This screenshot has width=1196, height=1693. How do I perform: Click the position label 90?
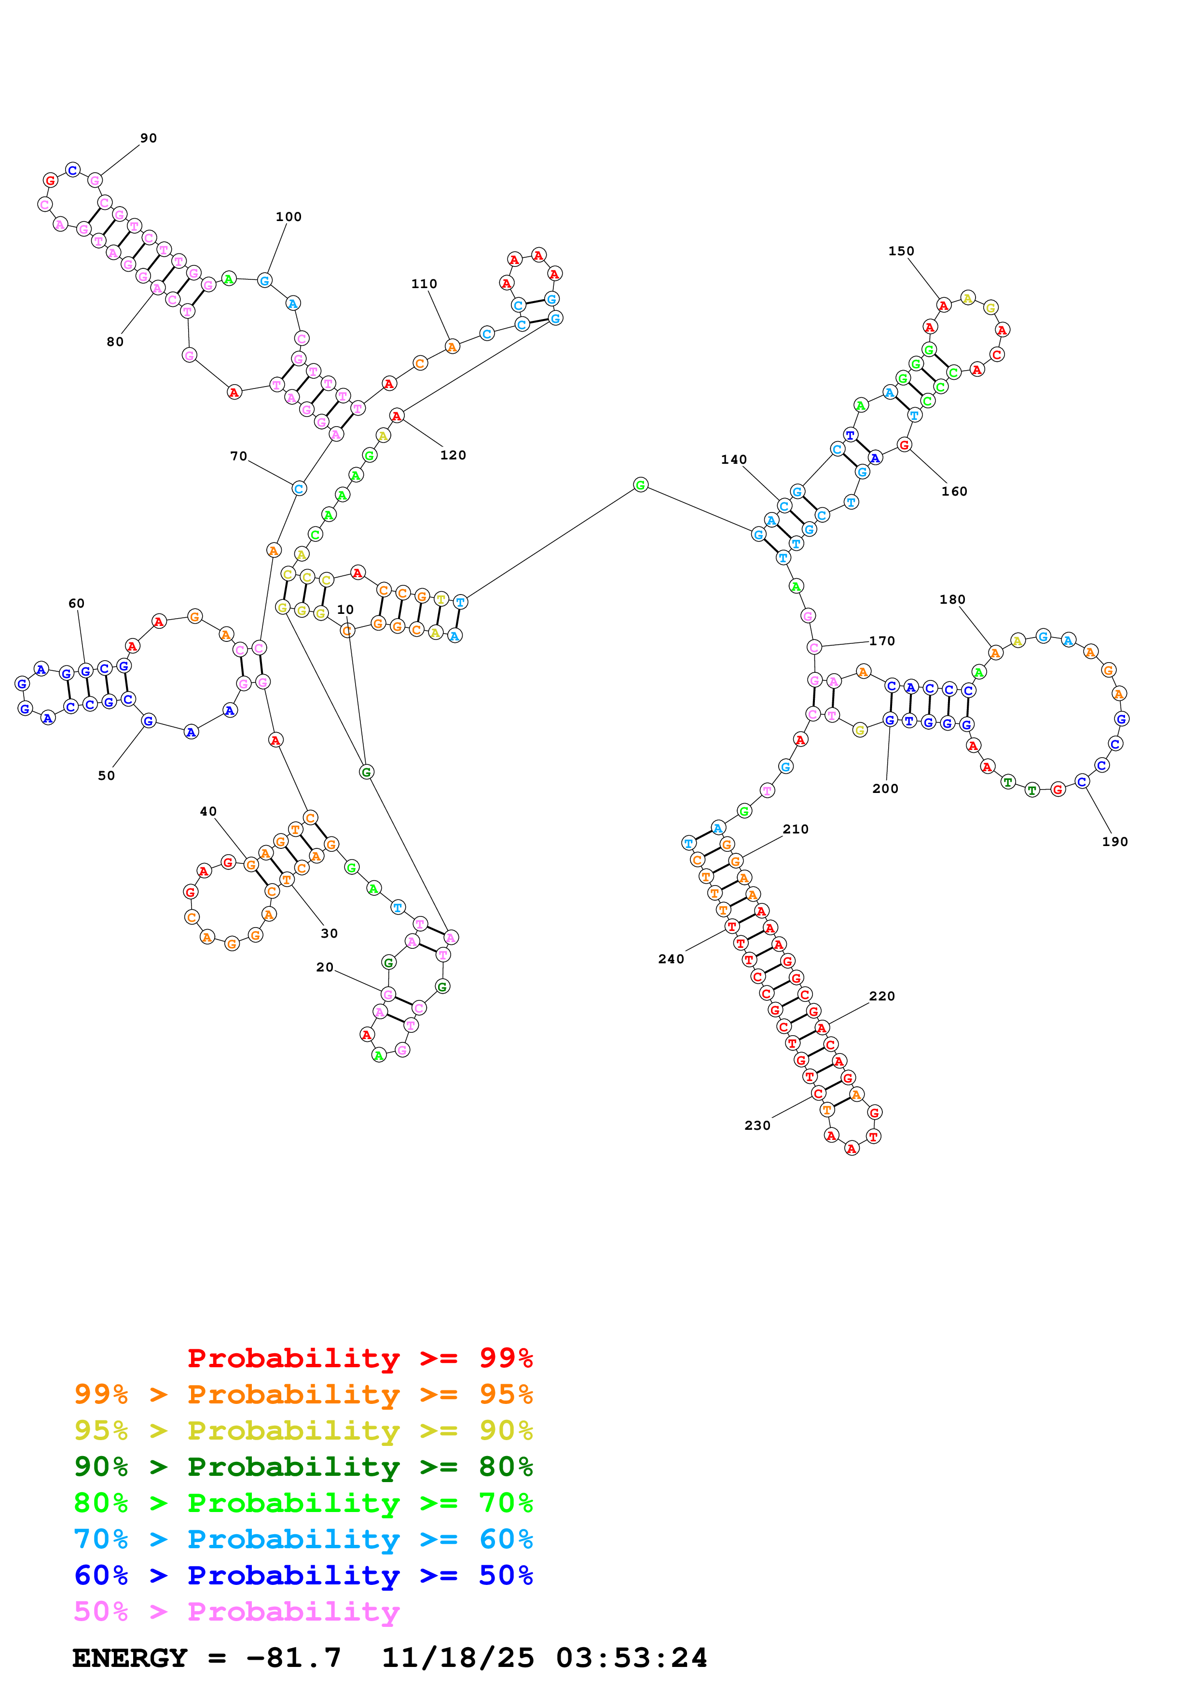tap(148, 138)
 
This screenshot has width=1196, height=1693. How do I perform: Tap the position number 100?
tap(288, 217)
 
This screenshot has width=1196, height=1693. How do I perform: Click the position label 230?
tap(757, 1125)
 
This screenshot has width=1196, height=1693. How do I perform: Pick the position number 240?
tap(671, 958)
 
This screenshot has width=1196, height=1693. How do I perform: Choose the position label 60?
tap(77, 603)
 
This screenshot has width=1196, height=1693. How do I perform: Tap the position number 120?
tap(453, 455)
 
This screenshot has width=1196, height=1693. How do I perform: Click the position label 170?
tap(881, 641)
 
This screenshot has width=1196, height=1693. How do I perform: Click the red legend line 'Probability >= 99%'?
tap(359, 1358)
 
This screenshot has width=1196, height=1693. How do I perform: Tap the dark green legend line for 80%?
tap(303, 1467)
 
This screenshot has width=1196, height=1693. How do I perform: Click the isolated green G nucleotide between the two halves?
tap(640, 485)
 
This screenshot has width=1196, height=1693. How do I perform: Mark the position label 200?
tap(885, 788)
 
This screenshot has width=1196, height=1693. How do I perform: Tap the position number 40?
tap(208, 811)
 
